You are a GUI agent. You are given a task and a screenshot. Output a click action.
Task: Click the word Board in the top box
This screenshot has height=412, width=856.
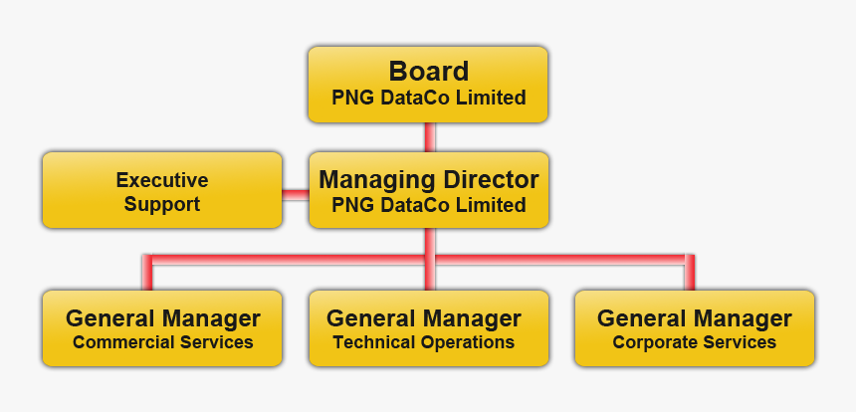428,72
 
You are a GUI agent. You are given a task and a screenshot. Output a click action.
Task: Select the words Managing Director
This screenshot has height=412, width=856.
428,180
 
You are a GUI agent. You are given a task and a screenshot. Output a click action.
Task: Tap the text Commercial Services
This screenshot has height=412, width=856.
163,342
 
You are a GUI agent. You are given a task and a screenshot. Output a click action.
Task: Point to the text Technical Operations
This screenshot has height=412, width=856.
424,342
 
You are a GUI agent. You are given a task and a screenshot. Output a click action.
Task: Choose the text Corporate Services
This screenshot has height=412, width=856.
694,342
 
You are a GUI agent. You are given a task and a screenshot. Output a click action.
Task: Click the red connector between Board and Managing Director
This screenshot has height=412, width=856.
430,137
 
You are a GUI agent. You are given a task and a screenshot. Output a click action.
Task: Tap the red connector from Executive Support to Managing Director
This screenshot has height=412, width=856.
295,193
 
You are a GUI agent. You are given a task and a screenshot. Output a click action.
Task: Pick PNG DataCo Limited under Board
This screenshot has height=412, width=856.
428,98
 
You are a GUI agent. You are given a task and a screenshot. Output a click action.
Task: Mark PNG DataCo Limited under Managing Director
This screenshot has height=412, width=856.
428,206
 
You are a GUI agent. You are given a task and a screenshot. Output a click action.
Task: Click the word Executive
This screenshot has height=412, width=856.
162,180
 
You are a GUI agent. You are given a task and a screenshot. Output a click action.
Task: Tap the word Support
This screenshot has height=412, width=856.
162,205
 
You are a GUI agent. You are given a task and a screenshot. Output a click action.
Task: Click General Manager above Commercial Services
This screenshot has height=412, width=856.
163,318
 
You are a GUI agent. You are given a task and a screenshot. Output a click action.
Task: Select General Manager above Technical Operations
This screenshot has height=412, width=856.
424,318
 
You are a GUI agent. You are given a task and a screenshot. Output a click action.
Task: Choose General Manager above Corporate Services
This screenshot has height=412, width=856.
694,318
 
